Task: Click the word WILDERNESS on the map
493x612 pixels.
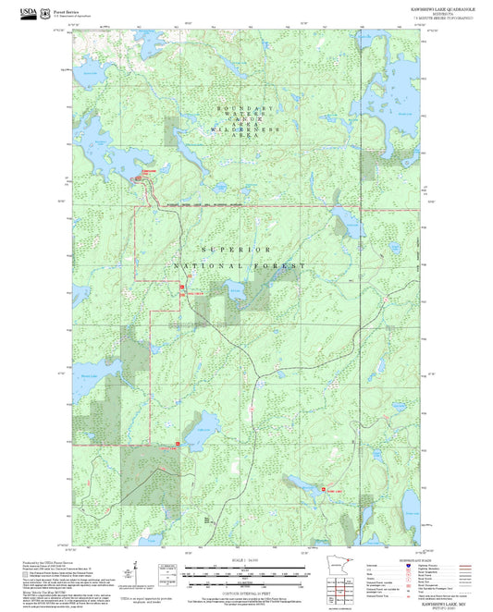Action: click(x=246, y=130)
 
